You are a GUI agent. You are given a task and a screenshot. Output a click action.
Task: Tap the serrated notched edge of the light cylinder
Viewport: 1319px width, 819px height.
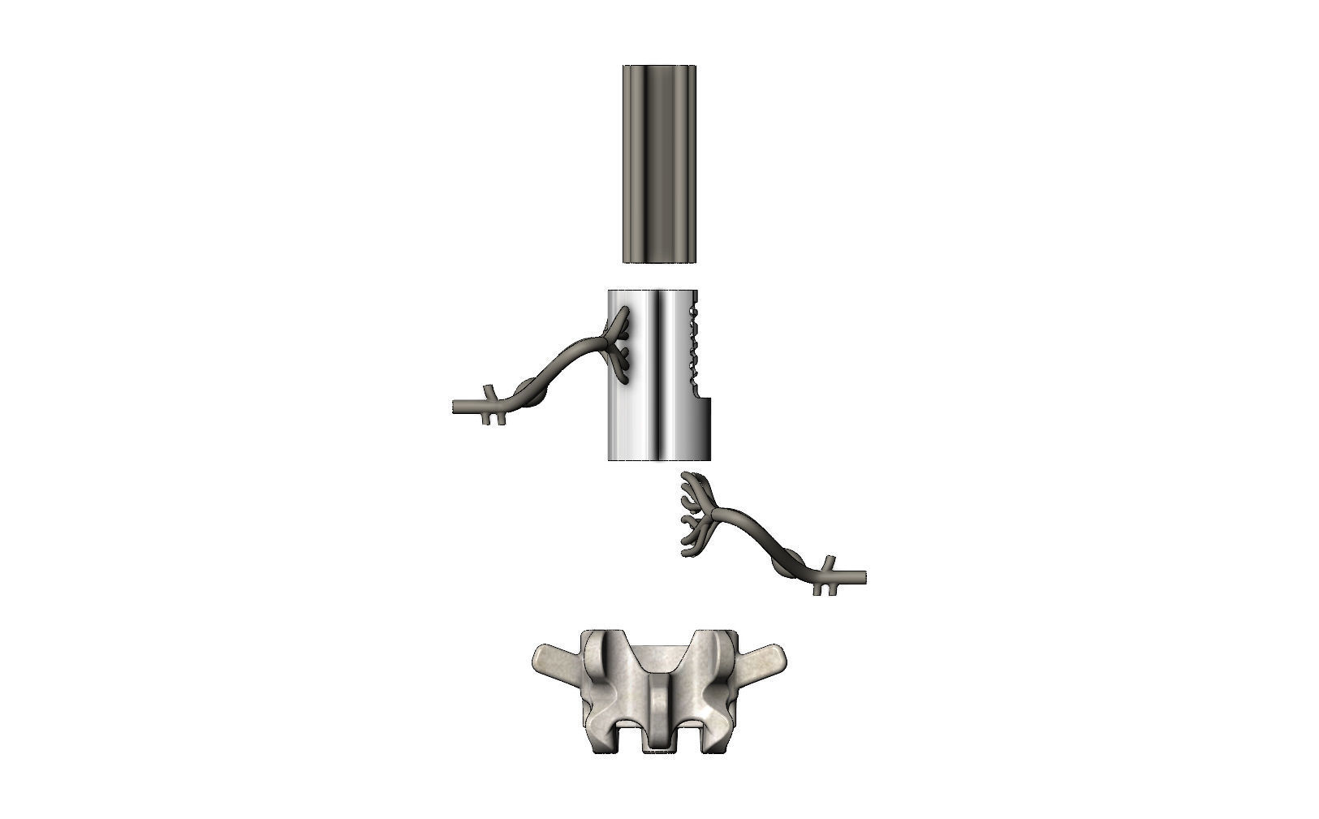pos(692,345)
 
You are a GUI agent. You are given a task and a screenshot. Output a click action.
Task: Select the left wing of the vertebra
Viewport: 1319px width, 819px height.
pos(554,657)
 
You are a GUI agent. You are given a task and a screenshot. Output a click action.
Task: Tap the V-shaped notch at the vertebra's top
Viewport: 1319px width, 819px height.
pos(659,657)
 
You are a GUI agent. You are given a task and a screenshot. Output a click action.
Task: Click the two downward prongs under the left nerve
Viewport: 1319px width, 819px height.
pos(498,420)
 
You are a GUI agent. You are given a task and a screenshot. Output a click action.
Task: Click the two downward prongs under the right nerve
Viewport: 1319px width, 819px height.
pos(821,590)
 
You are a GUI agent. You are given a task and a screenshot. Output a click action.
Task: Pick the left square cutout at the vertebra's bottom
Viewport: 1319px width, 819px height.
pos(628,735)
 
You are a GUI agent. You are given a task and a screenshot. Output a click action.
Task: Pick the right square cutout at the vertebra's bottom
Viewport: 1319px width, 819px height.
pos(689,735)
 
